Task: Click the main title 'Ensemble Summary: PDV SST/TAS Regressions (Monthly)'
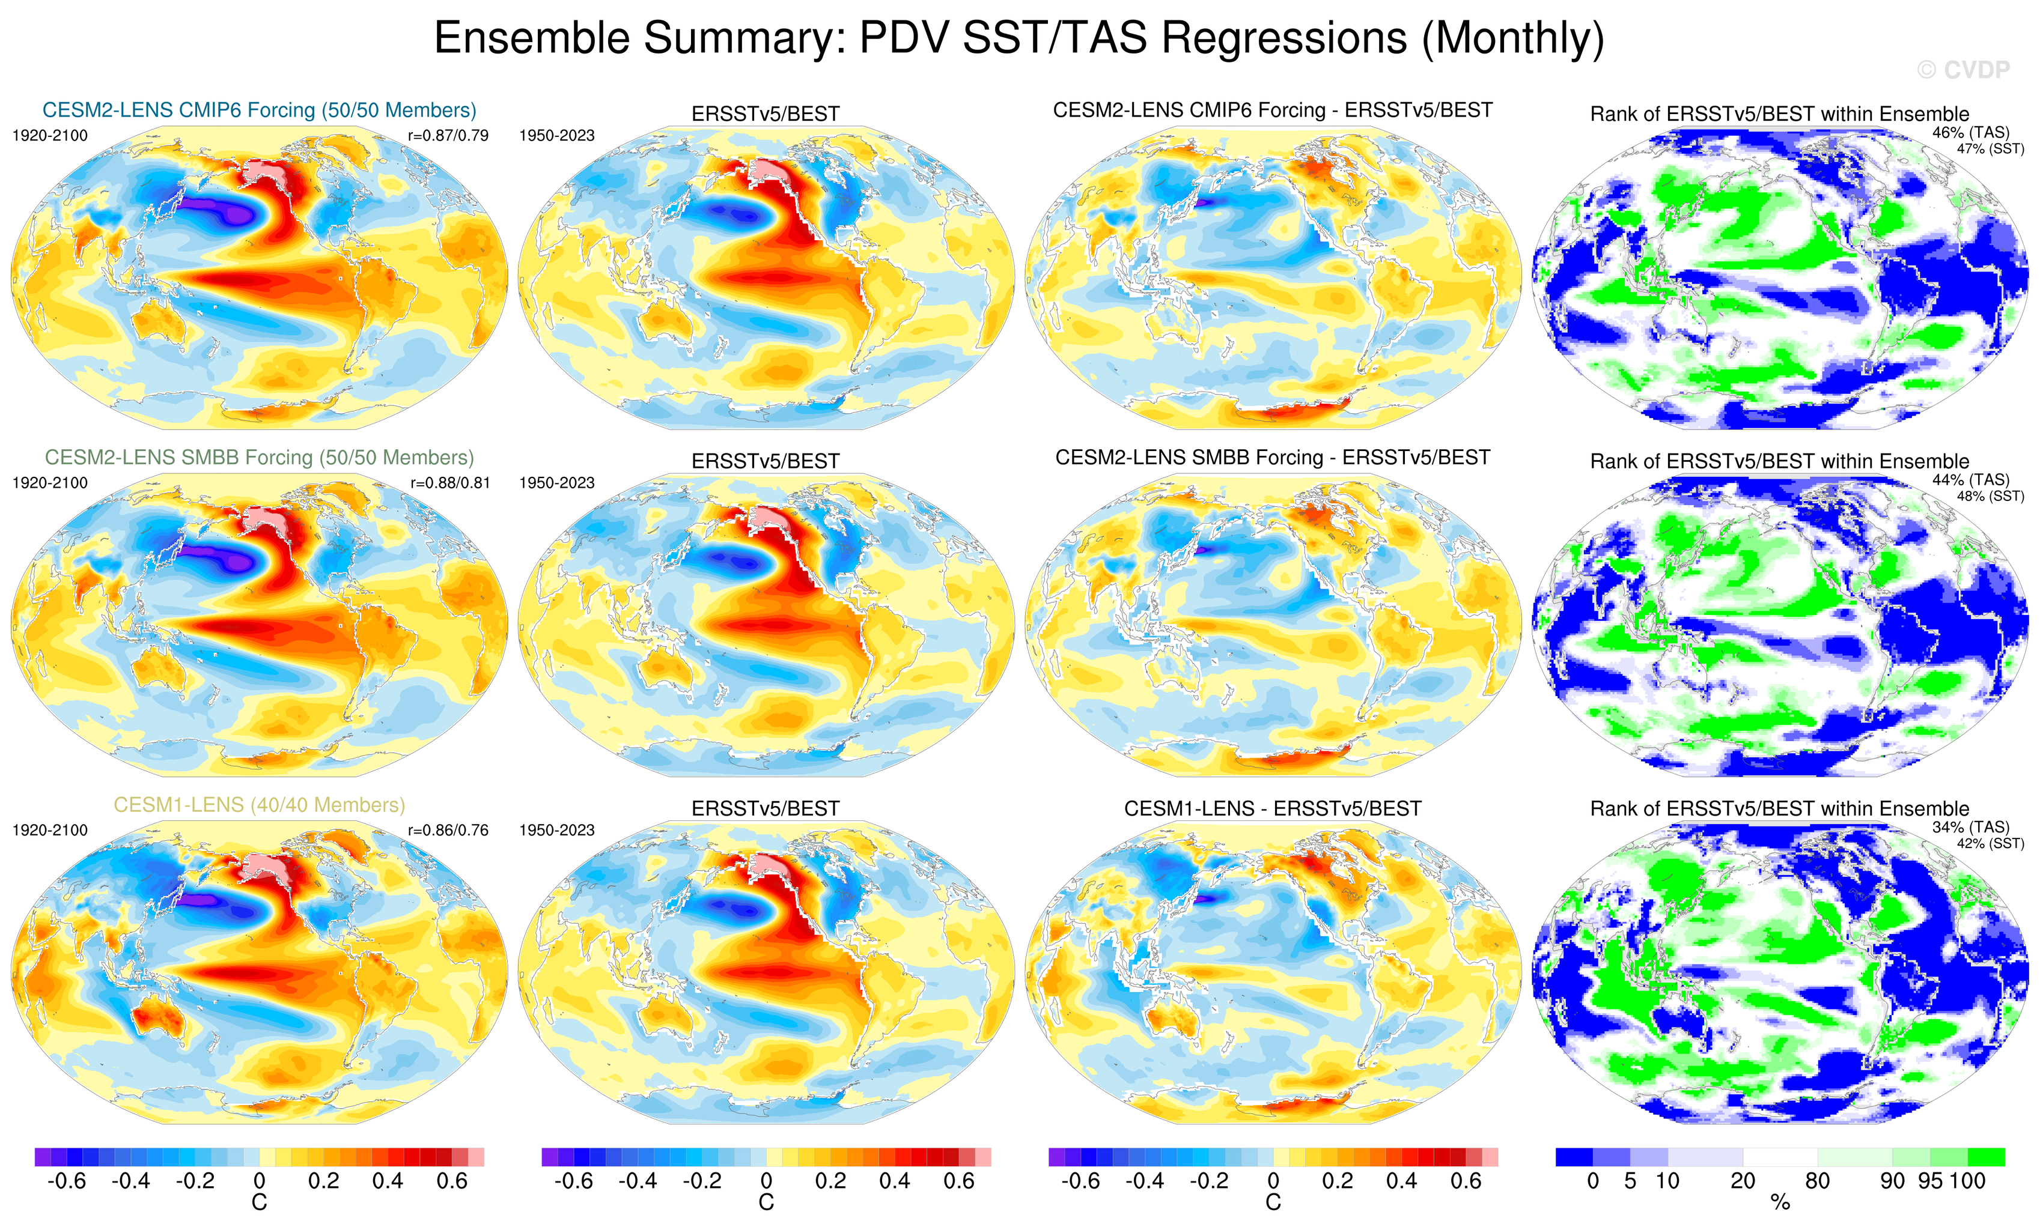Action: (1018, 39)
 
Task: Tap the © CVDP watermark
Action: (1963, 70)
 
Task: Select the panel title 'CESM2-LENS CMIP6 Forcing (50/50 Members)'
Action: (259, 110)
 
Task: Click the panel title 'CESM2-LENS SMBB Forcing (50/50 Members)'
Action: (259, 458)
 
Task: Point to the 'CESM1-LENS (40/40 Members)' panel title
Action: (259, 805)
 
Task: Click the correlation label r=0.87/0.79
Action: (448, 136)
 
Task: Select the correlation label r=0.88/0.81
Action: (449, 482)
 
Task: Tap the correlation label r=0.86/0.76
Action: (448, 830)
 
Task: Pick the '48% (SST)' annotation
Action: (1990, 497)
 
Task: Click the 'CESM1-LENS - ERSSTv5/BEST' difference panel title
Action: (1273, 808)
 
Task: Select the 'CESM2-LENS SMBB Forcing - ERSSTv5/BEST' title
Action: (1273, 458)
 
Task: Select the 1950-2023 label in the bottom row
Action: (556, 830)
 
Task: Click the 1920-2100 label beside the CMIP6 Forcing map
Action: (50, 136)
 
